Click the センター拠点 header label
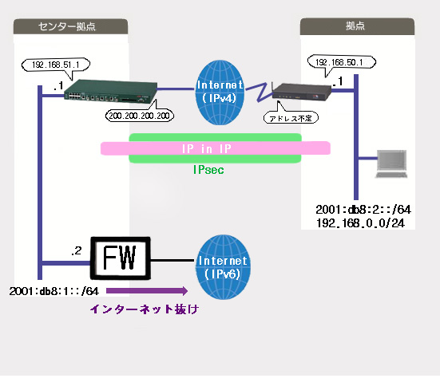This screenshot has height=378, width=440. click(x=67, y=26)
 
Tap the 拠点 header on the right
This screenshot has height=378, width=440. click(x=355, y=26)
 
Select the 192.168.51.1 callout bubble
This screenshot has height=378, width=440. click(x=56, y=65)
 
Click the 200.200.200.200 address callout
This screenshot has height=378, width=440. click(x=140, y=115)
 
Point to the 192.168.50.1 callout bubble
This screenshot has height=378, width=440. click(x=342, y=62)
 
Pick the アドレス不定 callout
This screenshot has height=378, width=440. click(x=291, y=118)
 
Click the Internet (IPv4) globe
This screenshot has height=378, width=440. click(x=220, y=93)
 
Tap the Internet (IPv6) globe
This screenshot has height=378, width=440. click(x=223, y=267)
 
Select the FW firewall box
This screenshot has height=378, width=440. click(x=120, y=258)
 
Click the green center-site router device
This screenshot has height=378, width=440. click(x=110, y=91)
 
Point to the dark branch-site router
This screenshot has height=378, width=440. click(x=301, y=92)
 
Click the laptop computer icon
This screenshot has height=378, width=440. click(x=391, y=163)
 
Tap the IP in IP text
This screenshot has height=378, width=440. click(x=207, y=148)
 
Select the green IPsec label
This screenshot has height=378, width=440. click(x=208, y=170)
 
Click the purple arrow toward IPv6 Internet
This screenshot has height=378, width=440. click(x=147, y=291)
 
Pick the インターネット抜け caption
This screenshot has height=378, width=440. click(x=145, y=309)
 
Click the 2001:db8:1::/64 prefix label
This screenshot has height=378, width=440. click(x=54, y=291)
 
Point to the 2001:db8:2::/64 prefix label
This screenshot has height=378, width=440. click(x=363, y=210)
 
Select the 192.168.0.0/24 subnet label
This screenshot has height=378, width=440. click(x=360, y=223)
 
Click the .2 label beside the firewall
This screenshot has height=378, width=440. click(x=77, y=250)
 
